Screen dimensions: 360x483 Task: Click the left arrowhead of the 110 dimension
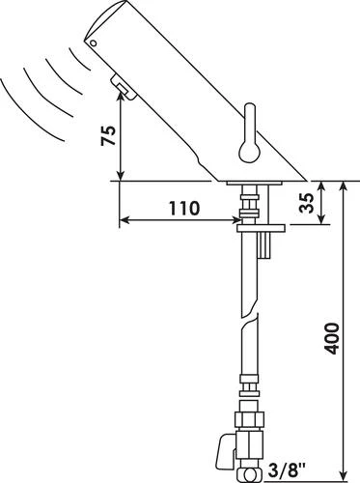point(125,221)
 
